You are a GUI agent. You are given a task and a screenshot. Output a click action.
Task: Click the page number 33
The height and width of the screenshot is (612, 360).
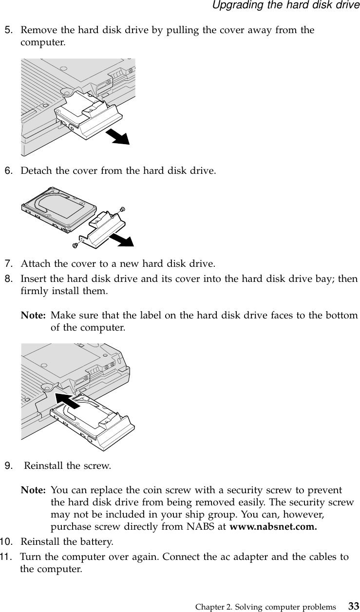pyautogui.click(x=354, y=607)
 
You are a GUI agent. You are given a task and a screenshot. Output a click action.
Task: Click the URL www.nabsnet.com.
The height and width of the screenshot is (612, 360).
pyautogui.click(x=272, y=527)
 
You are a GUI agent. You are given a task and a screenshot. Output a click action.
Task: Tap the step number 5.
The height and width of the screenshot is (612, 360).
pyautogui.click(x=8, y=30)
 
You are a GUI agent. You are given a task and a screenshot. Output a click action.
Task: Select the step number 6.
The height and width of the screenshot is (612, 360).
pyautogui.click(x=8, y=171)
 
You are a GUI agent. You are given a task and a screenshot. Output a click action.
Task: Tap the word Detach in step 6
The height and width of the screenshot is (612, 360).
pyautogui.click(x=33, y=171)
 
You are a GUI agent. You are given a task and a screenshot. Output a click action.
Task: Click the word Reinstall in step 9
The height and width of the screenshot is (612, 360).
pyautogui.click(x=44, y=466)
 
